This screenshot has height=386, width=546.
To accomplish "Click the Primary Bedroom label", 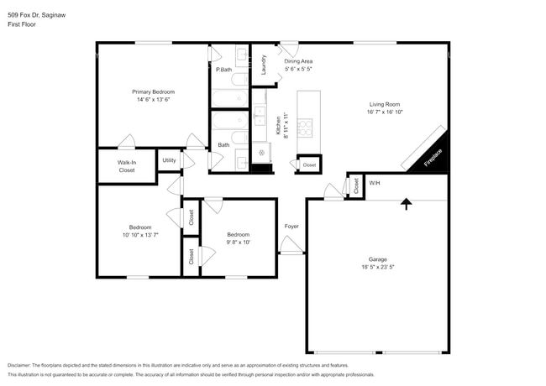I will tap(153, 91).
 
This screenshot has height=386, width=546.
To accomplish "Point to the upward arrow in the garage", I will tap(407, 203).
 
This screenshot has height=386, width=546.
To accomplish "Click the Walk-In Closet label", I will tap(126, 165).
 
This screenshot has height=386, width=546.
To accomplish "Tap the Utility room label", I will tap(169, 159).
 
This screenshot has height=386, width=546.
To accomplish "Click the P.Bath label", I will tap(223, 70).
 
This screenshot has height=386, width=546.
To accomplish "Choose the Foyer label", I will tap(291, 226).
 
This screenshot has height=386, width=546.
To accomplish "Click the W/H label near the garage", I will tap(374, 183).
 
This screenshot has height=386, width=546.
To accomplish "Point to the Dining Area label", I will tap(298, 61).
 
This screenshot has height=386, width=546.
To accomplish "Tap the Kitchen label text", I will tap(278, 126).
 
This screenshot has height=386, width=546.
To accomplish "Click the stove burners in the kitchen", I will tap(304, 127).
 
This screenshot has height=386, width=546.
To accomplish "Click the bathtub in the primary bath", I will tap(228, 100).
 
